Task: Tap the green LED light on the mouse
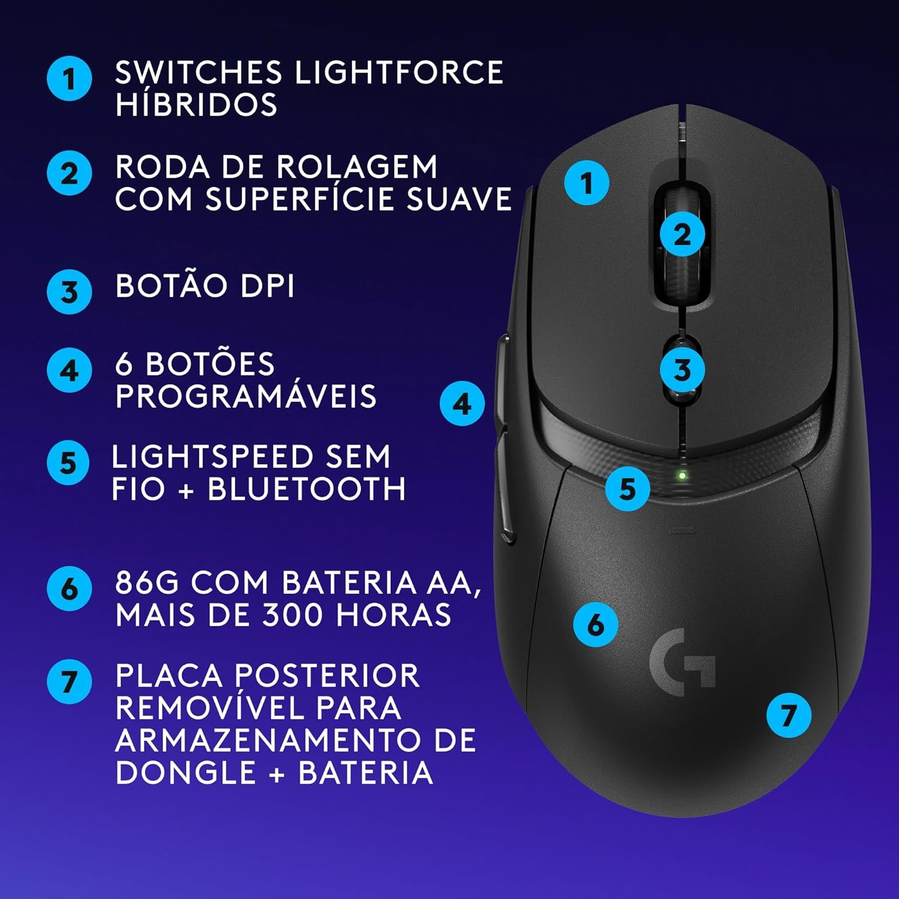pos(682,476)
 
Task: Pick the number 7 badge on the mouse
pos(789,715)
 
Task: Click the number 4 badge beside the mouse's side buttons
pos(462,403)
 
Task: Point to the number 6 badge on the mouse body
pos(596,624)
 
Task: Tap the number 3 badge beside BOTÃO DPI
pos(70,291)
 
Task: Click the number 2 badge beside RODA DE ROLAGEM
pos(70,173)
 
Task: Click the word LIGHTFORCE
pos(399,73)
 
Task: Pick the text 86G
pos(147,583)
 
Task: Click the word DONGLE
pos(185,772)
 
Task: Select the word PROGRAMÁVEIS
pos(246,396)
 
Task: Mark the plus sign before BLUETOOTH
pos(186,490)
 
